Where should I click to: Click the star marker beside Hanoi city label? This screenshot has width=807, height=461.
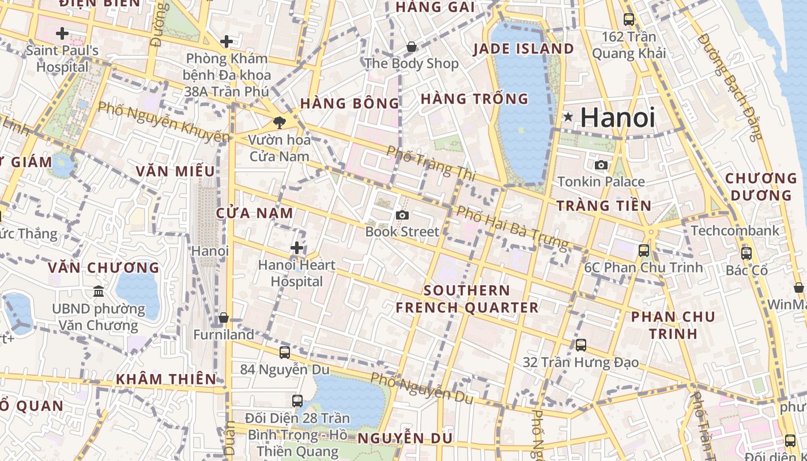point(568,118)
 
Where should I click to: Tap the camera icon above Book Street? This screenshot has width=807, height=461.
point(402,215)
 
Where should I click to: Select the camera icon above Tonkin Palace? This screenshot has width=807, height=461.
point(601,165)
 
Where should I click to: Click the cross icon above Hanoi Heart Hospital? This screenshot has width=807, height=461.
point(297,248)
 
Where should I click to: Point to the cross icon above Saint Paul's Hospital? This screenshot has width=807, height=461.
point(62,34)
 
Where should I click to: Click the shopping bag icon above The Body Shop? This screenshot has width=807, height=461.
point(412,47)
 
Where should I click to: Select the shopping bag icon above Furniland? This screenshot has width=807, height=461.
point(224,318)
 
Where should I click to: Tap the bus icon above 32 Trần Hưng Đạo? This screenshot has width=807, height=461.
point(581,345)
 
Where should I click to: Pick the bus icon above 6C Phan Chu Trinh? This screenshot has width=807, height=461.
point(644,251)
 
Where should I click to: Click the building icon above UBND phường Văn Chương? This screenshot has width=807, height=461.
point(99,292)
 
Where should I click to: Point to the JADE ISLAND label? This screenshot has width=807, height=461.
point(523,49)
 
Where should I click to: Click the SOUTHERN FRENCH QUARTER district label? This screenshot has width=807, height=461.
point(467,298)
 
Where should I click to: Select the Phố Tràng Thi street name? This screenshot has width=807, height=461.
point(431,163)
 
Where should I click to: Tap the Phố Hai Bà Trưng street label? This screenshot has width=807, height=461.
point(512,228)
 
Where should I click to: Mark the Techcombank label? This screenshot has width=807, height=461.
point(734,231)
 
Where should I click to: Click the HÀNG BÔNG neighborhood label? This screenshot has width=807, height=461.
point(349,104)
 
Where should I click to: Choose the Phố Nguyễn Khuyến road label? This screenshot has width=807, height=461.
point(163,122)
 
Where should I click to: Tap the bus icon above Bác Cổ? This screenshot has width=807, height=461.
point(746,254)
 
